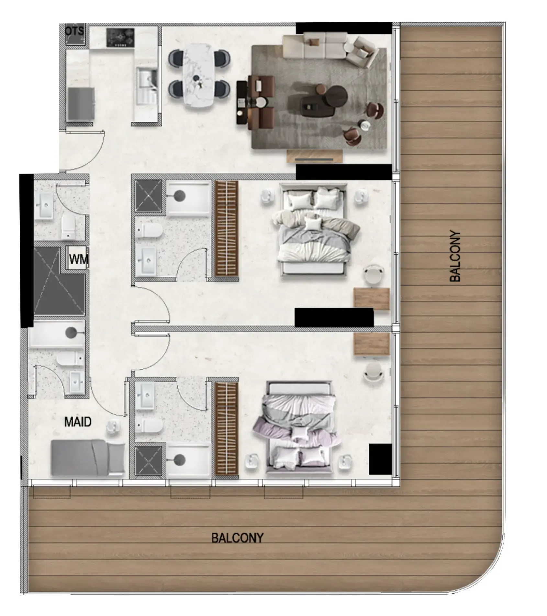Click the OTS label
(x=75, y=31)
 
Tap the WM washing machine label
(x=78, y=259)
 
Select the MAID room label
(x=78, y=422)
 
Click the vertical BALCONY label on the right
(x=455, y=256)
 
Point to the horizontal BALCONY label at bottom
(x=237, y=538)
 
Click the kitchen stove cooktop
(x=120, y=37)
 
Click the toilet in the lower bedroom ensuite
(x=149, y=425)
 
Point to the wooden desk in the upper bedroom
(x=372, y=298)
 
